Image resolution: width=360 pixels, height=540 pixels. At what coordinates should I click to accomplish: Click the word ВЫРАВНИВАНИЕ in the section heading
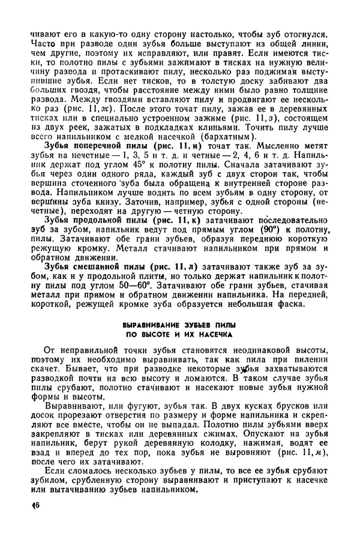(144, 325)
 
